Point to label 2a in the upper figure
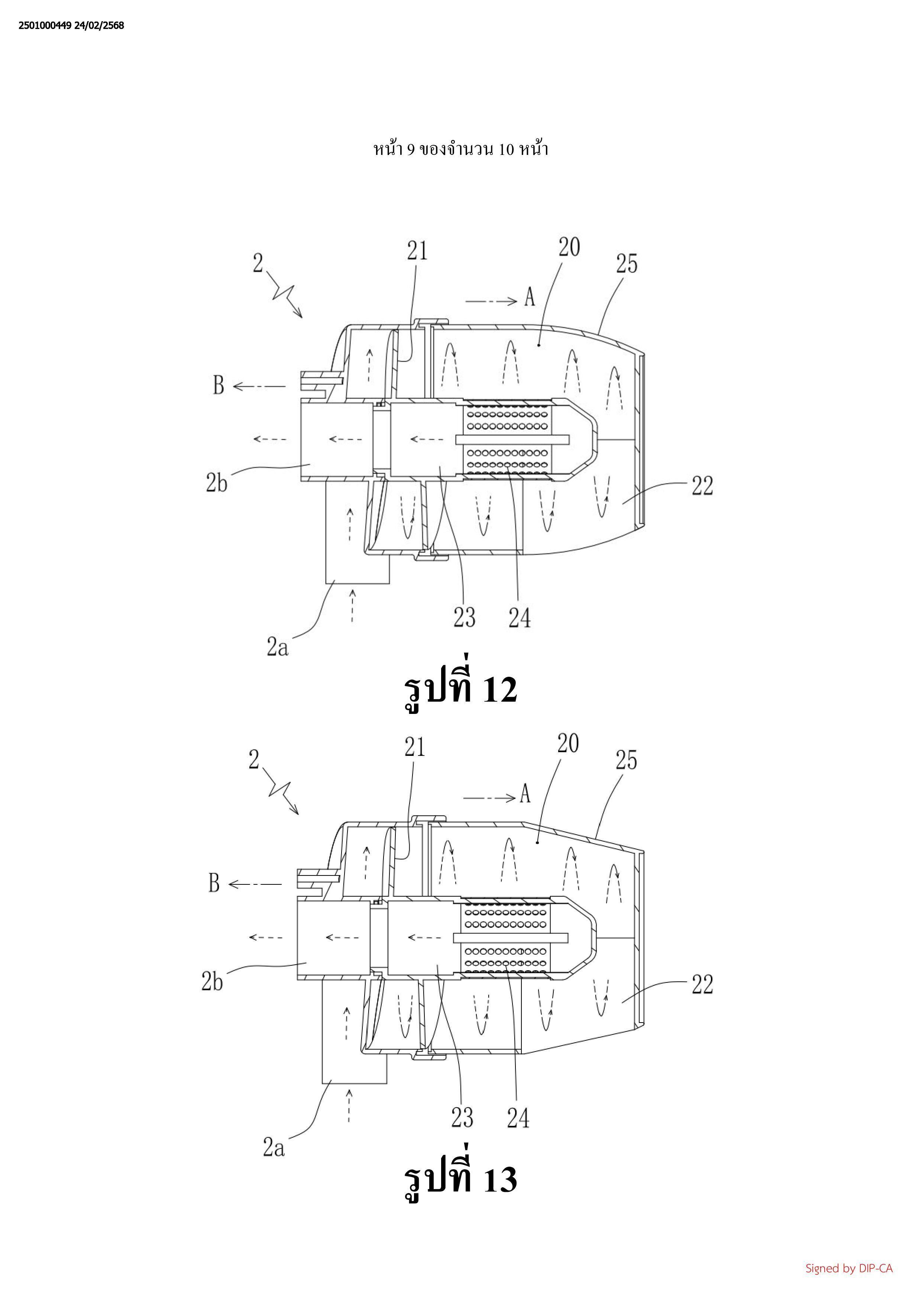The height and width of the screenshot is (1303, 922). click(x=278, y=646)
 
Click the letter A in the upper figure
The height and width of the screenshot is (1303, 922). click(x=529, y=296)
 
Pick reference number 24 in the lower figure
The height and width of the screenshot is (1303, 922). click(x=518, y=1118)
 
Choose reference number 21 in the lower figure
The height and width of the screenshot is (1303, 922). click(x=414, y=747)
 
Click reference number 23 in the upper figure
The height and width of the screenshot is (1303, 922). click(x=464, y=617)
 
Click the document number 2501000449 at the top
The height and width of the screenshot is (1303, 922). click(x=45, y=26)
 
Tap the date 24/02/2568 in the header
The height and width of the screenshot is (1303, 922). click(x=99, y=26)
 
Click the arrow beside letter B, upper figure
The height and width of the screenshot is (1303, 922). click(x=259, y=386)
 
